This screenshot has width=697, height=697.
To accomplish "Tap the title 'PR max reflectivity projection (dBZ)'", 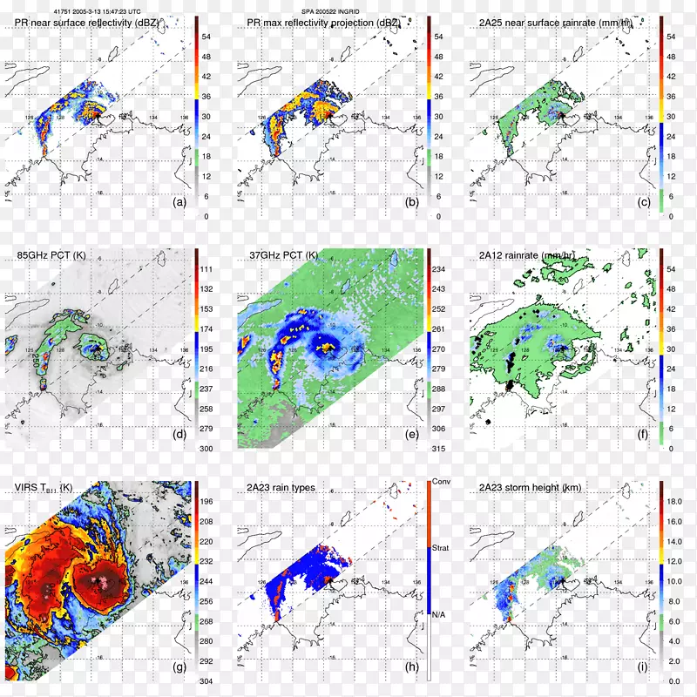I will click(x=319, y=20).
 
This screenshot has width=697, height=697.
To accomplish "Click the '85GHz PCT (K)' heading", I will click(x=51, y=255).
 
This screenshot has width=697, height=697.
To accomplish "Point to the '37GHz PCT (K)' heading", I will click(x=285, y=255).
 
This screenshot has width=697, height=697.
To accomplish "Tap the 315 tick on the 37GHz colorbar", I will click(x=441, y=448).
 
